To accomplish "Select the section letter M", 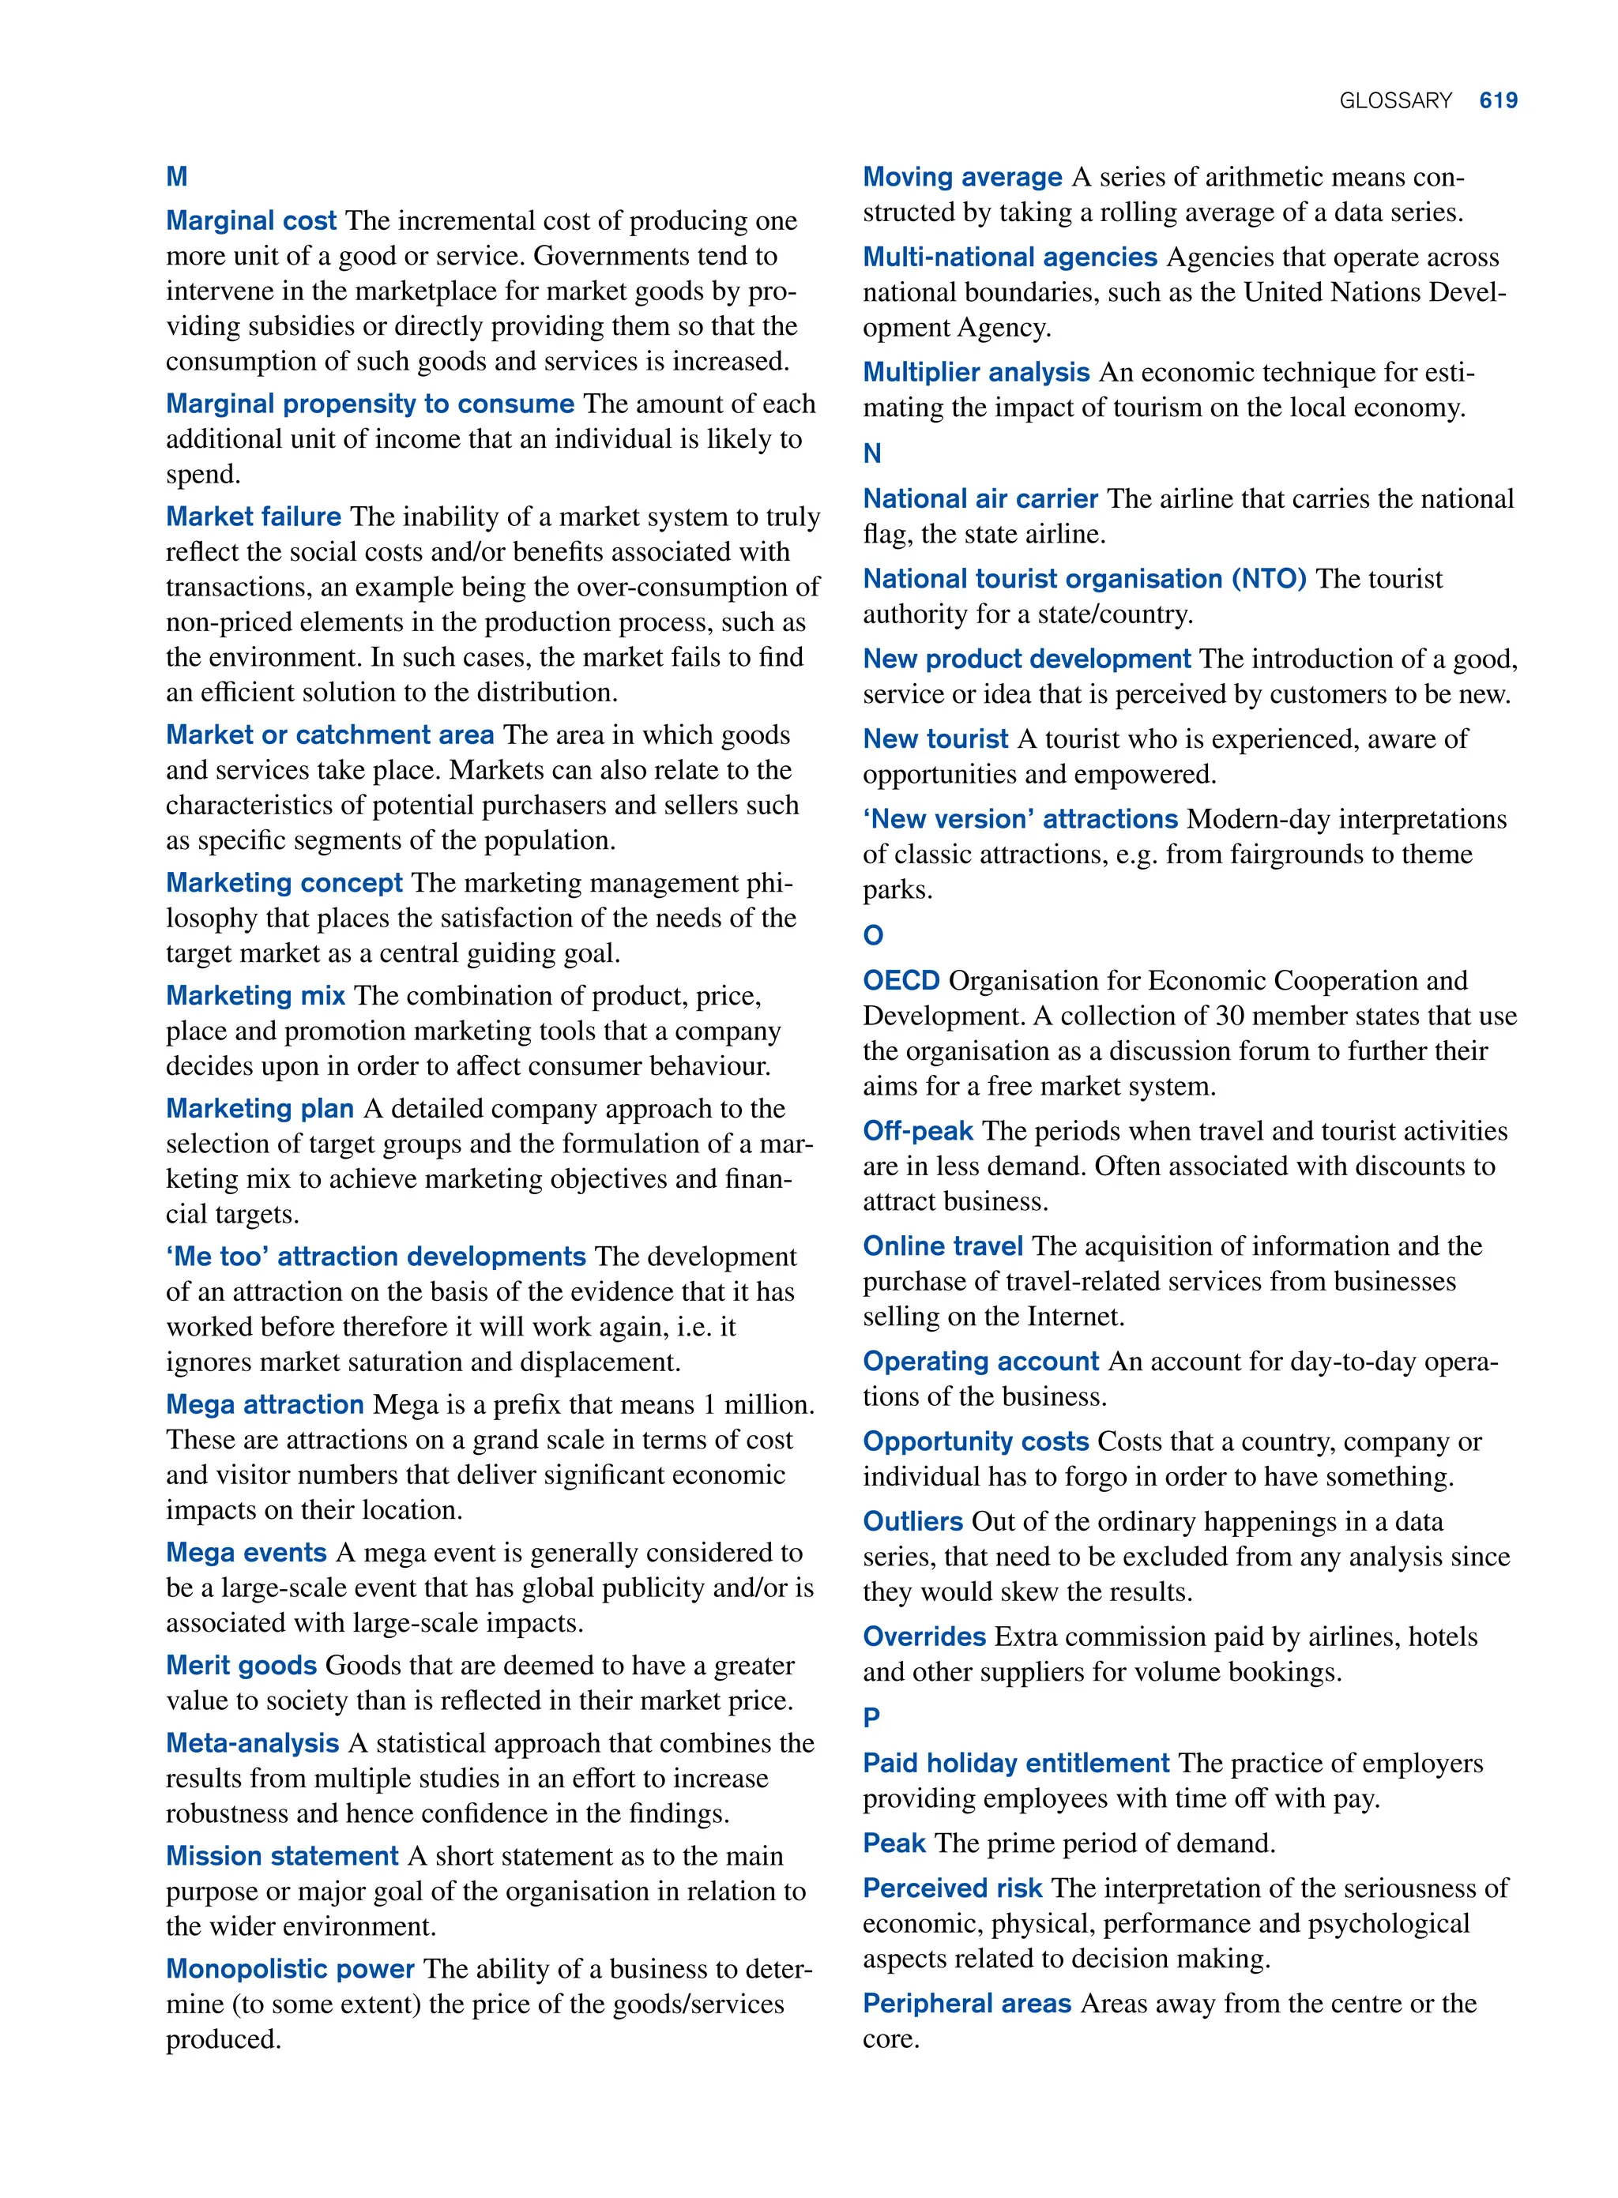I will click(x=176, y=176).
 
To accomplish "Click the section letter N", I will click(x=871, y=453).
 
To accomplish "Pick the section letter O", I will click(x=873, y=935).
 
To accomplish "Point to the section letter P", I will click(x=871, y=1717).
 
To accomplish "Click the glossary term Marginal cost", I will click(x=250, y=220).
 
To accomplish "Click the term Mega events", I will click(x=246, y=1553).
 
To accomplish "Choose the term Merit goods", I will click(x=241, y=1666).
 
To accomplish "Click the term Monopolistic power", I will click(x=290, y=1969).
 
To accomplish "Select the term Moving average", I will click(x=961, y=177).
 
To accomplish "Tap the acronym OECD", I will click(x=901, y=980).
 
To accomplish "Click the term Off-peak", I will click(x=918, y=1131).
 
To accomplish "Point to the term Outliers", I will click(x=912, y=1521).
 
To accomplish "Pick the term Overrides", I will click(x=924, y=1637).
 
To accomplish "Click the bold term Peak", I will click(x=894, y=1843).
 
